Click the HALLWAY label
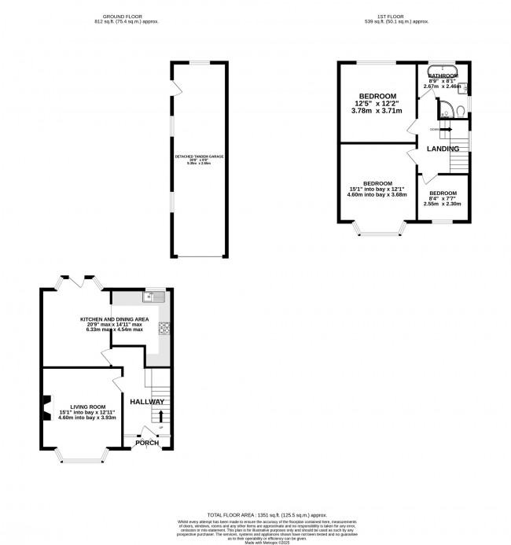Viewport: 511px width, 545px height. [x=147, y=402]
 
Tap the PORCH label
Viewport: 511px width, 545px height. [x=147, y=443]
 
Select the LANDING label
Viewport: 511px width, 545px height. [x=443, y=148]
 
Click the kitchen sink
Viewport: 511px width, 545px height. [x=153, y=296]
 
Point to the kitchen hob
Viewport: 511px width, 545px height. [x=166, y=329]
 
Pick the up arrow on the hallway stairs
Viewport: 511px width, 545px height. [x=161, y=414]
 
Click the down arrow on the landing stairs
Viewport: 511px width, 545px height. [x=446, y=130]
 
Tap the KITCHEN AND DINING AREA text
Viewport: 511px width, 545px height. [x=115, y=319]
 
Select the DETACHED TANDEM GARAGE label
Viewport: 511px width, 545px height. [x=199, y=157]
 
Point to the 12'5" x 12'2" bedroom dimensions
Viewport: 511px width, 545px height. [x=378, y=104]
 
